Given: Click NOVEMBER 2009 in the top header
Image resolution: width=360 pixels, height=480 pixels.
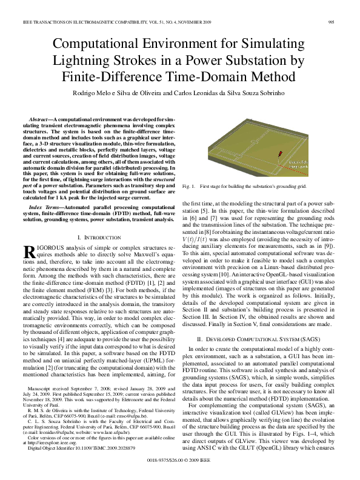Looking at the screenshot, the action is pyautogui.click(x=204, y=22).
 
